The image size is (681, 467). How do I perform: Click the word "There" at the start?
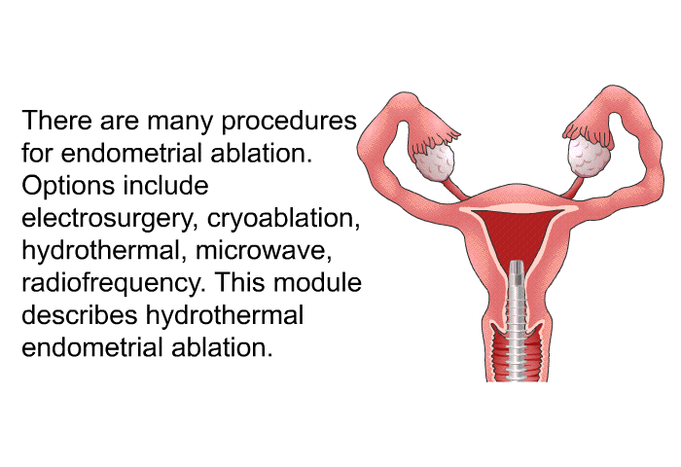click(56, 120)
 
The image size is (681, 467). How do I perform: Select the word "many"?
click(179, 123)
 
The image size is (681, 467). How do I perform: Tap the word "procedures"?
click(289, 122)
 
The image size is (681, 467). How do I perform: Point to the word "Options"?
click(68, 187)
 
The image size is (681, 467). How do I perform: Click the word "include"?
click(166, 185)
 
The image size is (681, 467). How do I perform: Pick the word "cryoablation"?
click(284, 219)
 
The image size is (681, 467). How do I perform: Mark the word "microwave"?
click(264, 252)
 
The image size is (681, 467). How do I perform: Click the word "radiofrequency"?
click(114, 284)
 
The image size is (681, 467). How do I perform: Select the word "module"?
click(317, 282)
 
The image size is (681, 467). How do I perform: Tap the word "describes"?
click(80, 315)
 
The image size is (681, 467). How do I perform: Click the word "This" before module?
click(239, 282)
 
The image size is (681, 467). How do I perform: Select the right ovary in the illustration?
click(590, 155)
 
